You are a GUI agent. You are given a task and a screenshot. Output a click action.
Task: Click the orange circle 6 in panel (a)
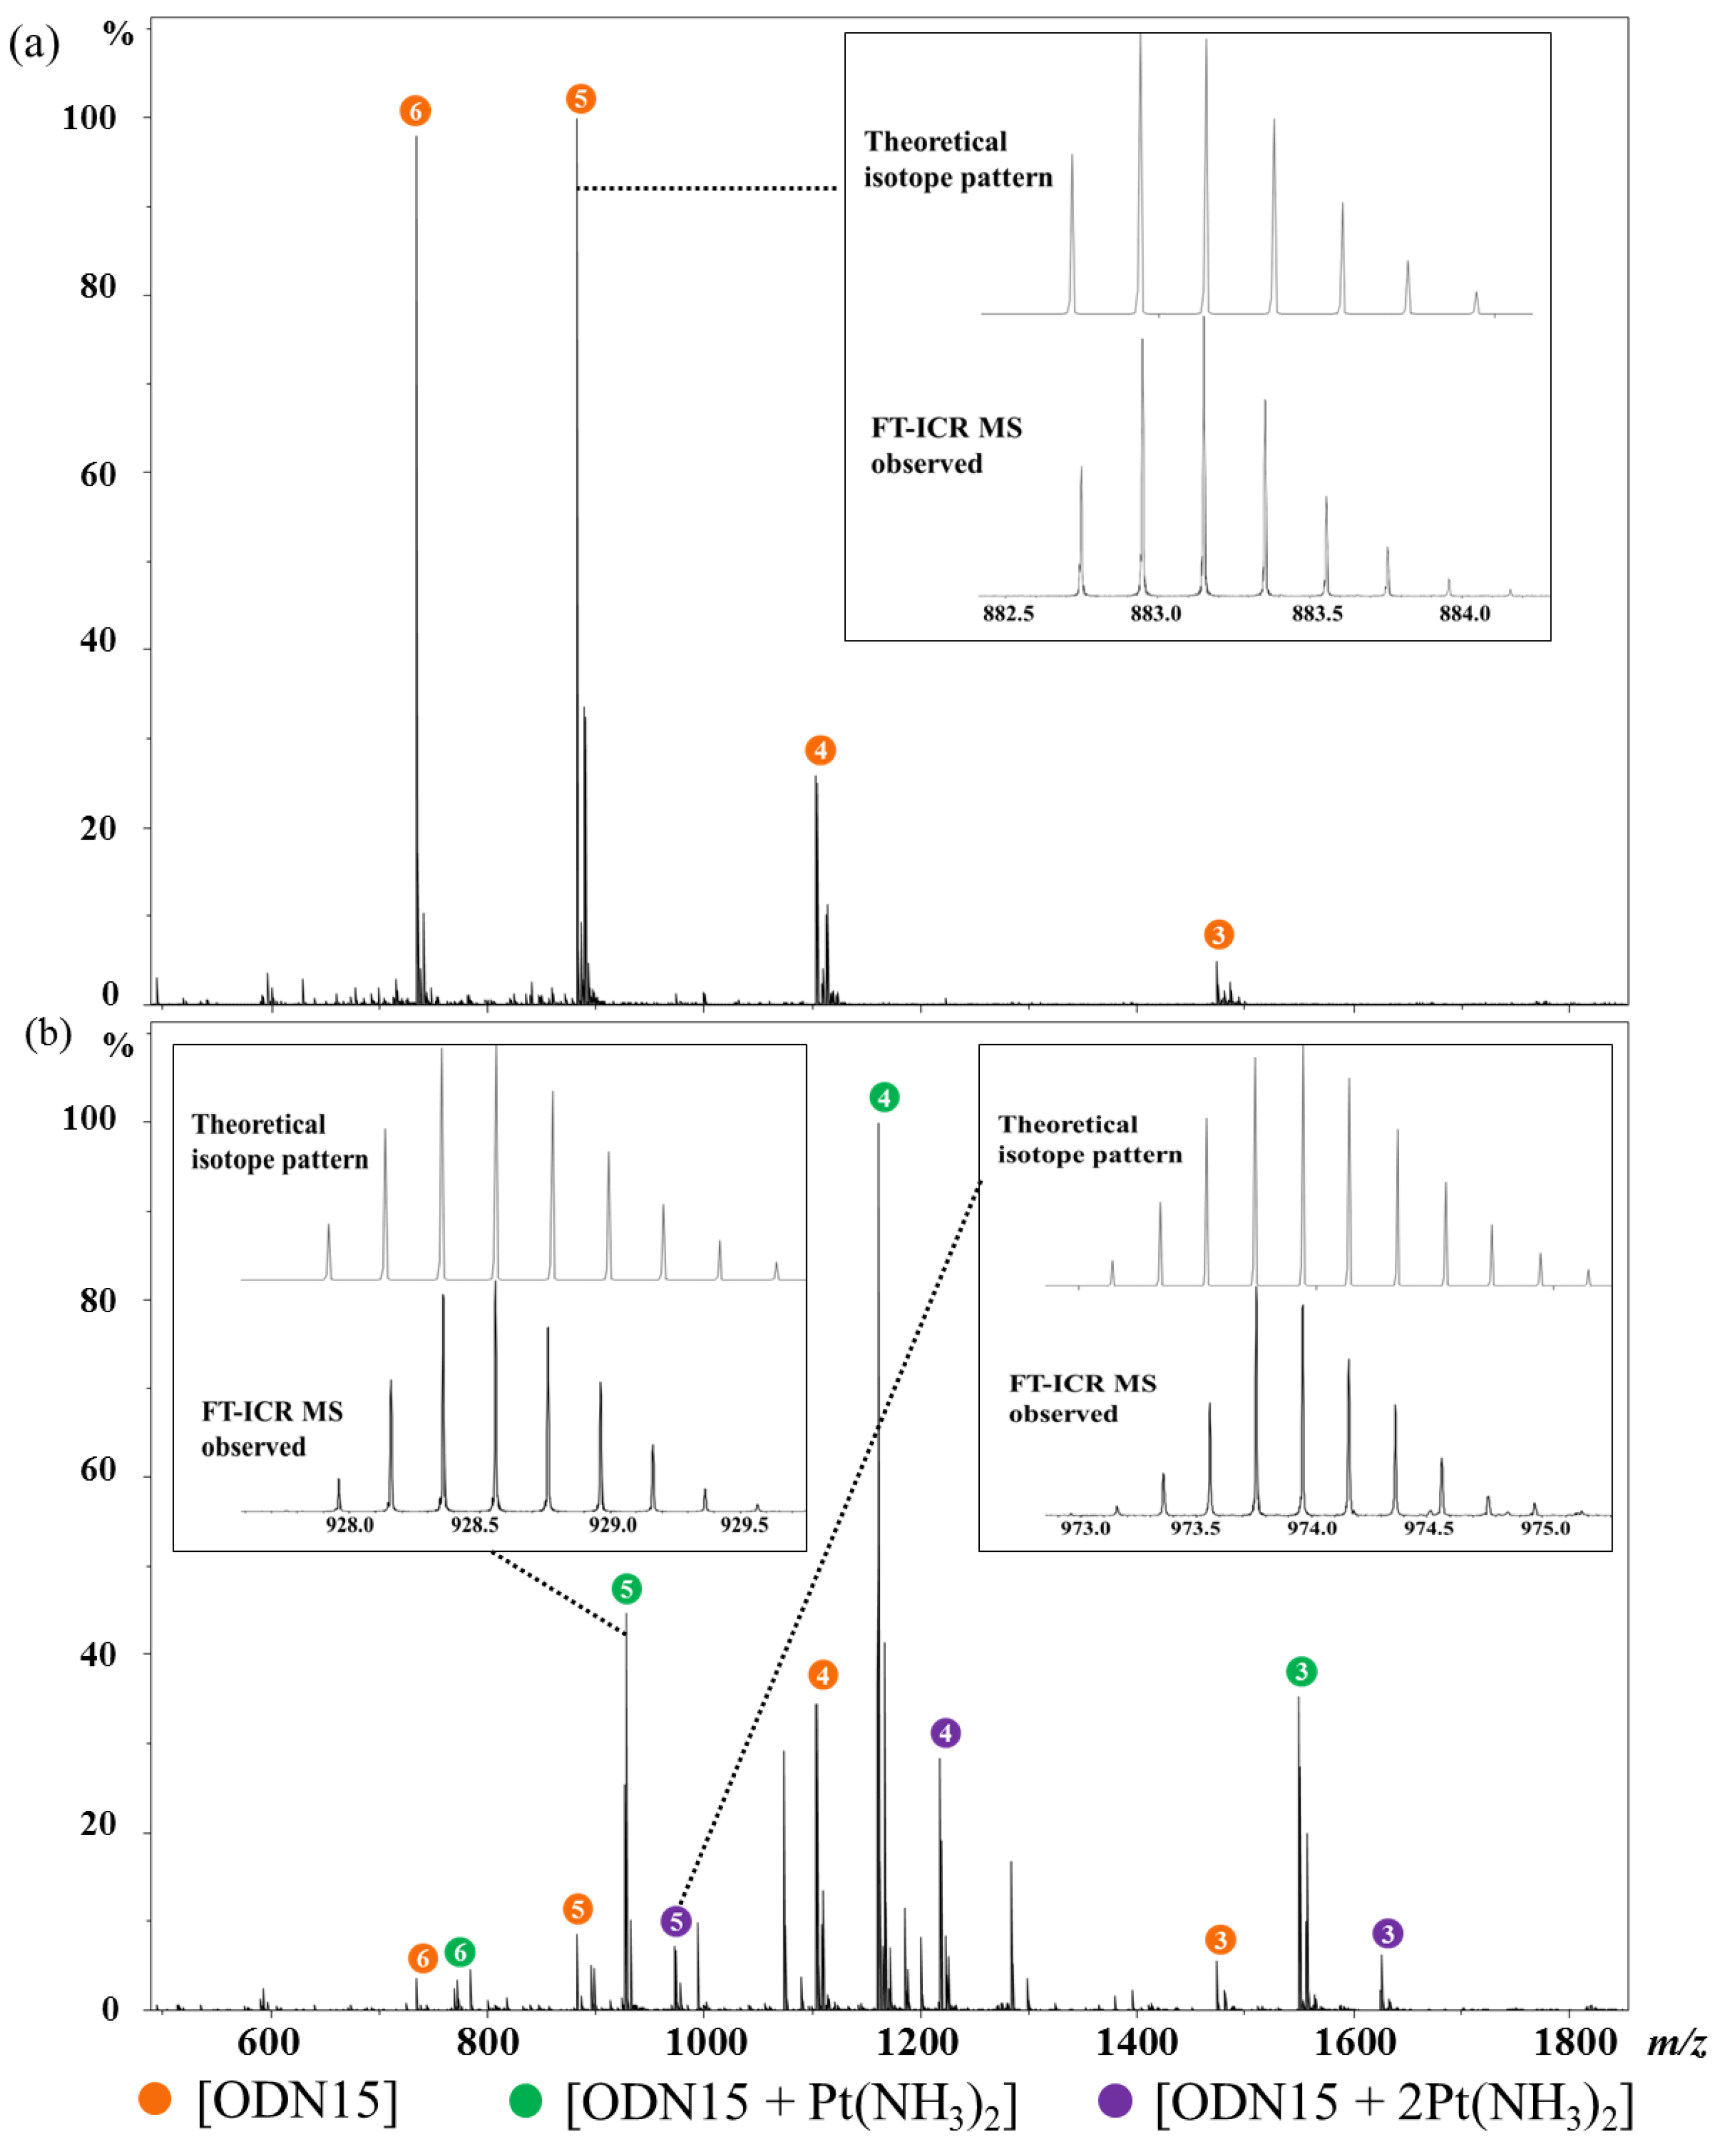click(416, 112)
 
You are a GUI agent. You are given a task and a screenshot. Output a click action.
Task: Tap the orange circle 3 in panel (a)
click(1218, 934)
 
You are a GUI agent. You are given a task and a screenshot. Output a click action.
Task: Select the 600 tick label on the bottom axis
click(269, 2043)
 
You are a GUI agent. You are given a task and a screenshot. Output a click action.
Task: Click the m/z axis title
click(1676, 2043)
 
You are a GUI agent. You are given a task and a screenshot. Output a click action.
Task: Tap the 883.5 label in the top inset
click(1316, 613)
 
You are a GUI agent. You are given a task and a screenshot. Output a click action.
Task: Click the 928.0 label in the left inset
click(349, 1525)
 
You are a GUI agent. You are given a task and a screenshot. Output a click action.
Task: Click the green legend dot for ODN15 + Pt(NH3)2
click(525, 2100)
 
